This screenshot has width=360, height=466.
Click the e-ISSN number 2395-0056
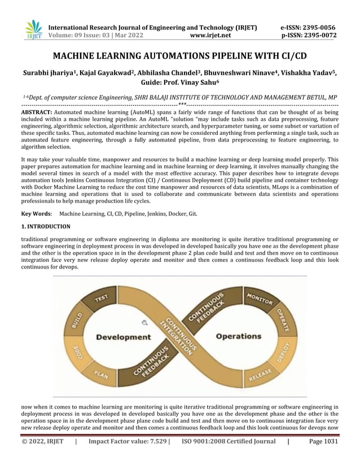click(321, 27)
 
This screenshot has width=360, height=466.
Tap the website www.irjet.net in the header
click(210, 35)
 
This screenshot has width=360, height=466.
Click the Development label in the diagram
click(122, 337)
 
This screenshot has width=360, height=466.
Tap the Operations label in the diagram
click(239, 336)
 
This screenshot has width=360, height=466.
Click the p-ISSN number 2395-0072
click(321, 35)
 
